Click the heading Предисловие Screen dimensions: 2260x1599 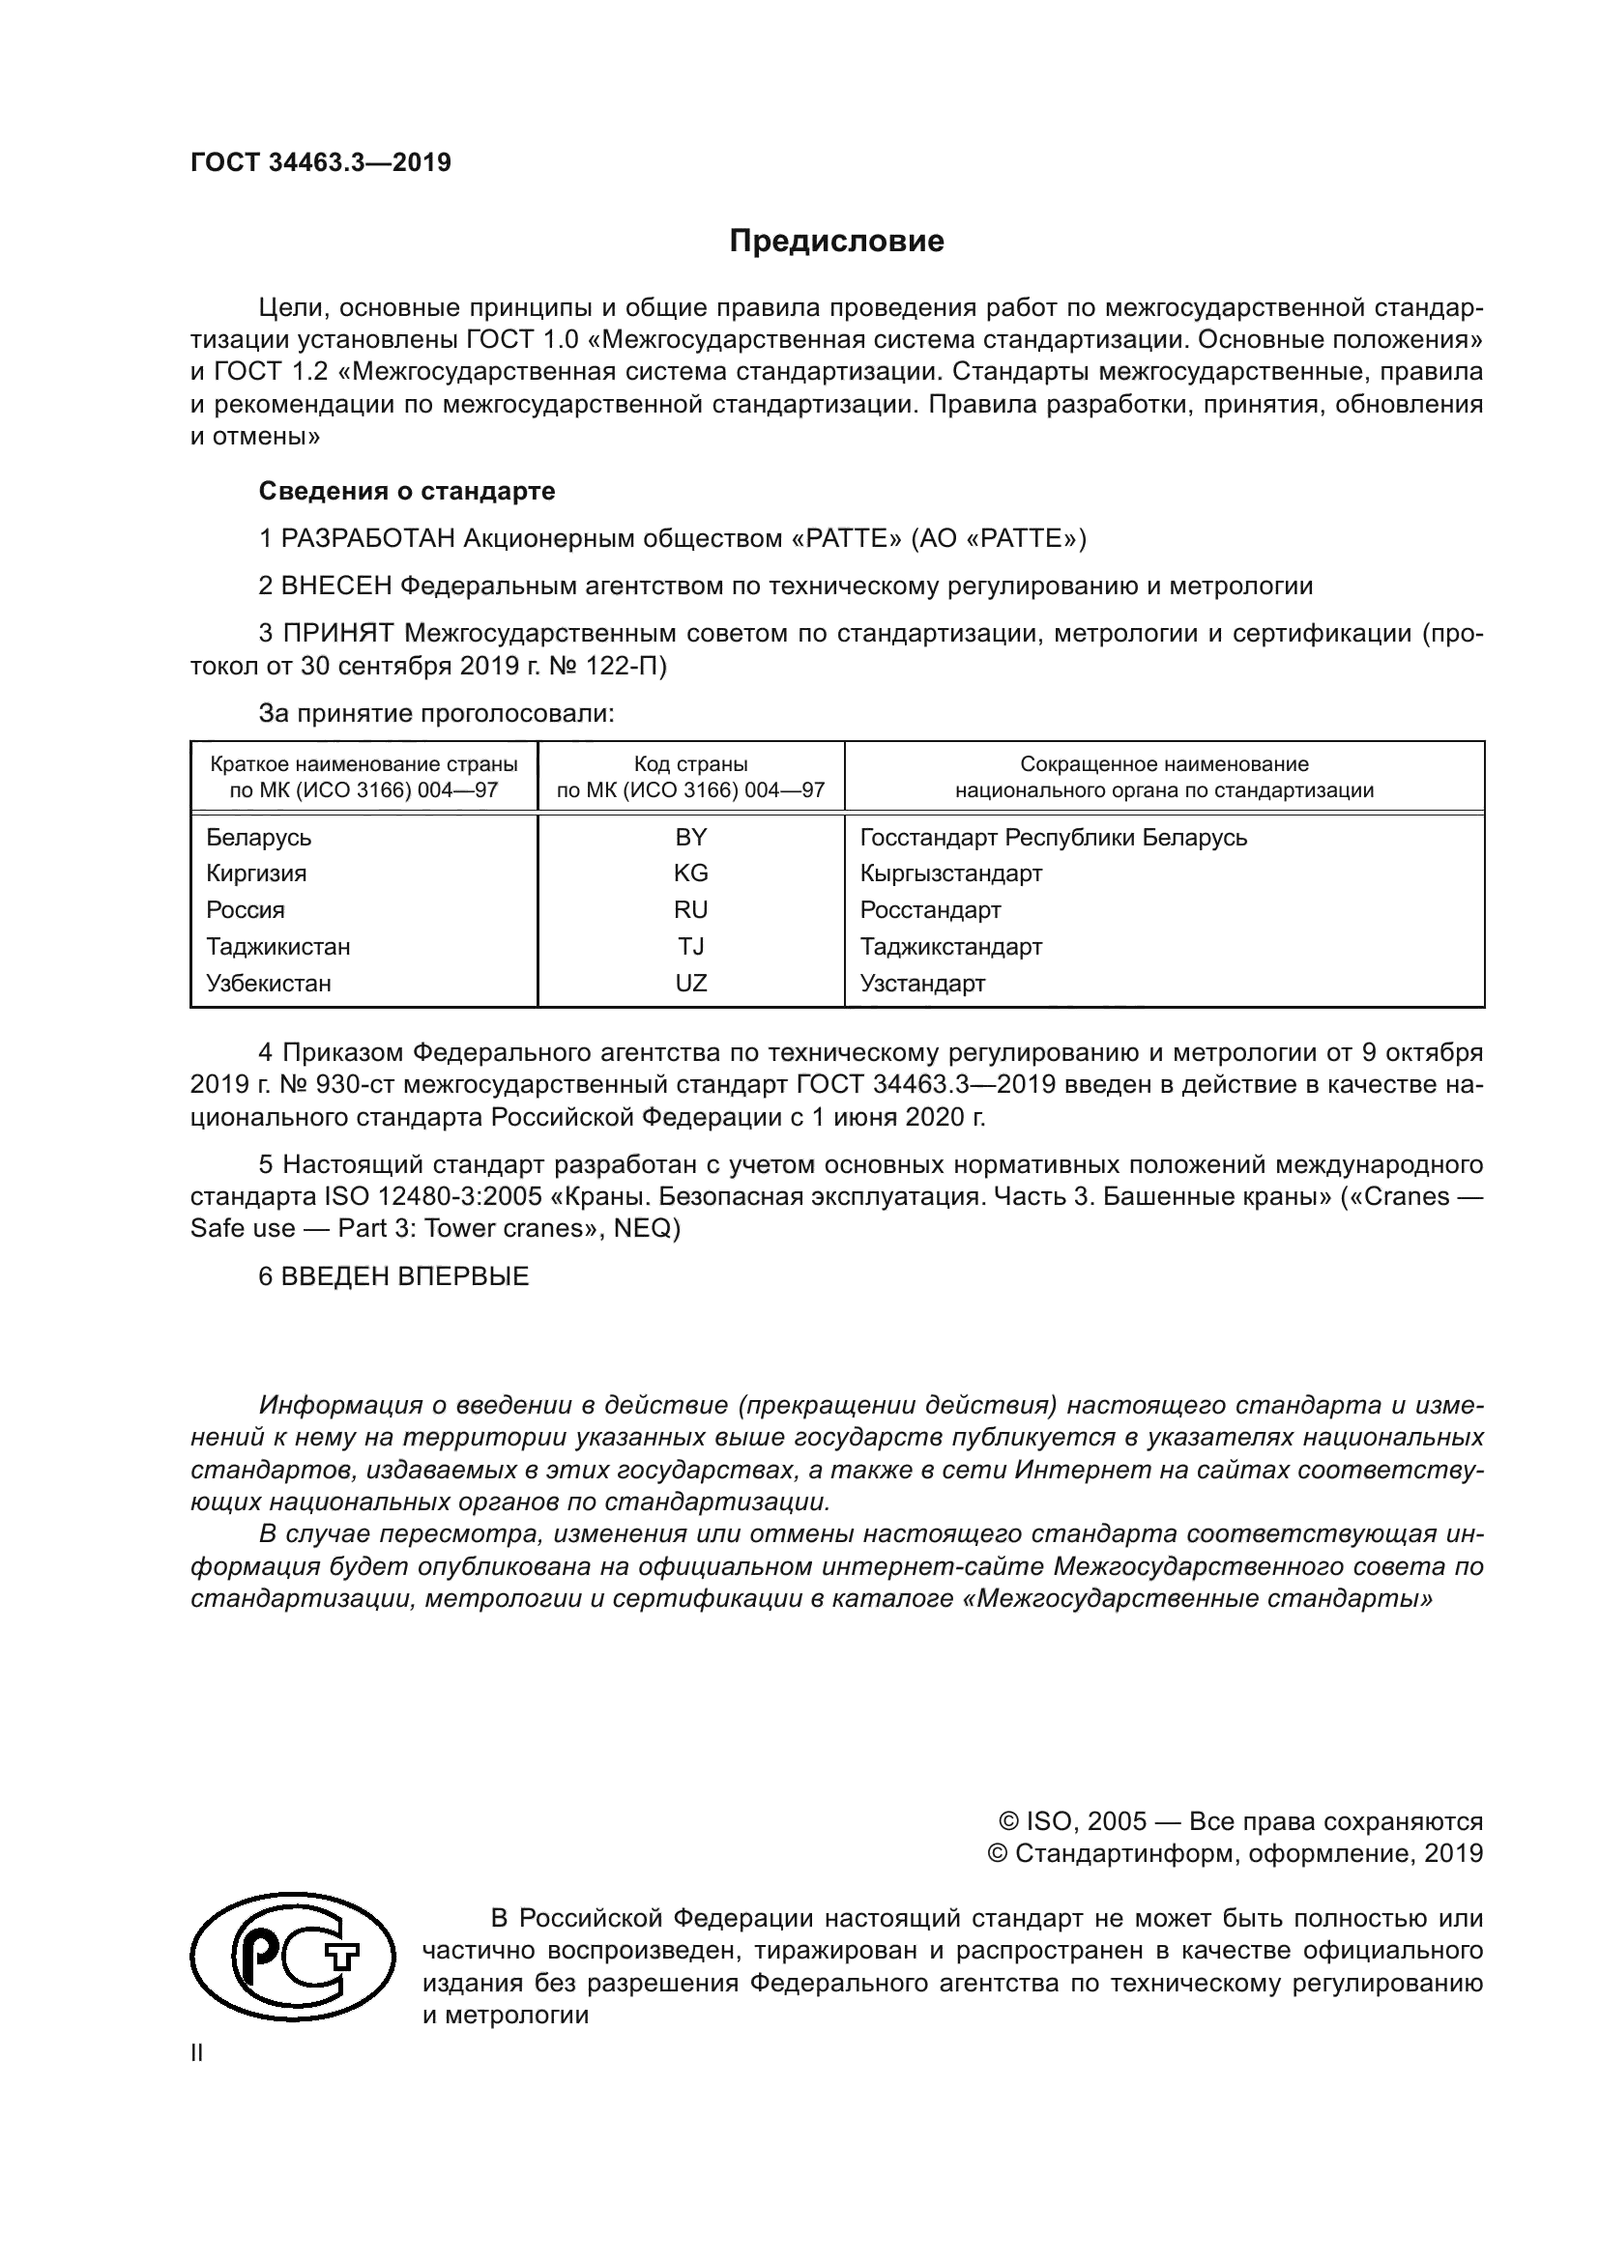pos(836,242)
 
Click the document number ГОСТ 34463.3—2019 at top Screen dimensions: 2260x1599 pos(321,162)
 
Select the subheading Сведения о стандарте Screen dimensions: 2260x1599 pos(407,490)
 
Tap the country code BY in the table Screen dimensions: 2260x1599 pos(690,837)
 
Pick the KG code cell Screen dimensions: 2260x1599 pos(690,873)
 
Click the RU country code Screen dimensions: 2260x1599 pos(690,909)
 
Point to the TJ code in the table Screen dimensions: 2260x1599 pos(690,946)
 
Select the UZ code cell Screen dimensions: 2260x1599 pos(690,983)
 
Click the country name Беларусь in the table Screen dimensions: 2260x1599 pos(259,837)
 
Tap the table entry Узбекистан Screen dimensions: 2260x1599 pos(269,983)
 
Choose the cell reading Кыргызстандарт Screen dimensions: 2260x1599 pos(951,873)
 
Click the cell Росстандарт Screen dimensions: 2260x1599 pos(930,909)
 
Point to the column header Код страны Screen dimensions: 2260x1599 pos(690,764)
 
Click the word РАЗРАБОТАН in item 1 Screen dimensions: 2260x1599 pos(368,538)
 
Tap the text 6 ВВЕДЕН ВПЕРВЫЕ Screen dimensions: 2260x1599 pos(393,1276)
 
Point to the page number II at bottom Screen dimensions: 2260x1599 pos(197,2053)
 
